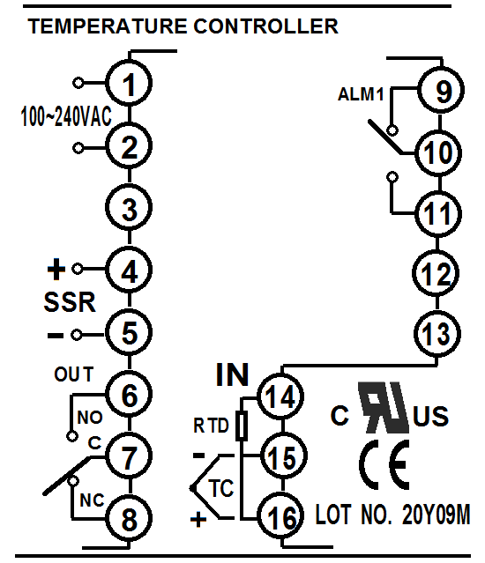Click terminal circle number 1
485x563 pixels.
click(129, 83)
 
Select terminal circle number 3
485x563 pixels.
click(129, 208)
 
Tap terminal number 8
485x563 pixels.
click(130, 518)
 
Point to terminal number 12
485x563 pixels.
click(436, 274)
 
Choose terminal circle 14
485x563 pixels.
click(280, 396)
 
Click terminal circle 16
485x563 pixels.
click(281, 516)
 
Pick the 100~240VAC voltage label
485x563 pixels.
click(66, 116)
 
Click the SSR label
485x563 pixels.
click(70, 302)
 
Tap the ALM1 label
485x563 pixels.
click(361, 94)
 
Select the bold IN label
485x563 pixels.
click(233, 374)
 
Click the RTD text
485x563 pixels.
click(211, 426)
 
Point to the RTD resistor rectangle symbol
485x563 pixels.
click(242, 426)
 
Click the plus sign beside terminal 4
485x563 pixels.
click(56, 270)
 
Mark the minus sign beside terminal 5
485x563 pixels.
click(56, 336)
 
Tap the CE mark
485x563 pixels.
click(384, 464)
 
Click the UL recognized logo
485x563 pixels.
click(384, 407)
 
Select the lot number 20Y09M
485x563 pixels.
click(436, 515)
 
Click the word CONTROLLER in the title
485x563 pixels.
click(265, 26)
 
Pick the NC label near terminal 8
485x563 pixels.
click(92, 500)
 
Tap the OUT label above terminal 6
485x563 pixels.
click(74, 374)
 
